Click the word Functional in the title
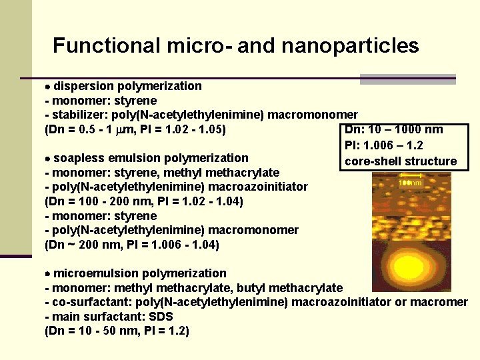pos(107,46)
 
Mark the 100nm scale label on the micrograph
pos(410,183)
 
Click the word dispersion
pos(83,86)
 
